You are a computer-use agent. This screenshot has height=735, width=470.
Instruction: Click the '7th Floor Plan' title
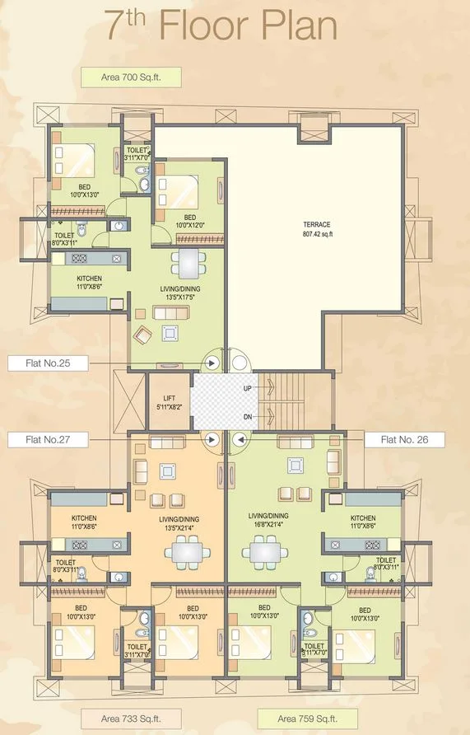tap(221, 26)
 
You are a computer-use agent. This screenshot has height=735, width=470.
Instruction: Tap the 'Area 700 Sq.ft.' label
tap(130, 79)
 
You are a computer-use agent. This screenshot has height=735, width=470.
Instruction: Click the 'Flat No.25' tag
tap(42, 362)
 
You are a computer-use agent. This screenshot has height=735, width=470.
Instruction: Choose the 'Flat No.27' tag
tap(42, 440)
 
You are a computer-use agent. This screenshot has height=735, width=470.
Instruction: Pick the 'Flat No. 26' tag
tap(405, 440)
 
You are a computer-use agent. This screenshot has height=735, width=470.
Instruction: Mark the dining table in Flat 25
tap(188, 264)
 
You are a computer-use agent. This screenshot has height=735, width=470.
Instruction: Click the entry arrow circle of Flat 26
tap(240, 440)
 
